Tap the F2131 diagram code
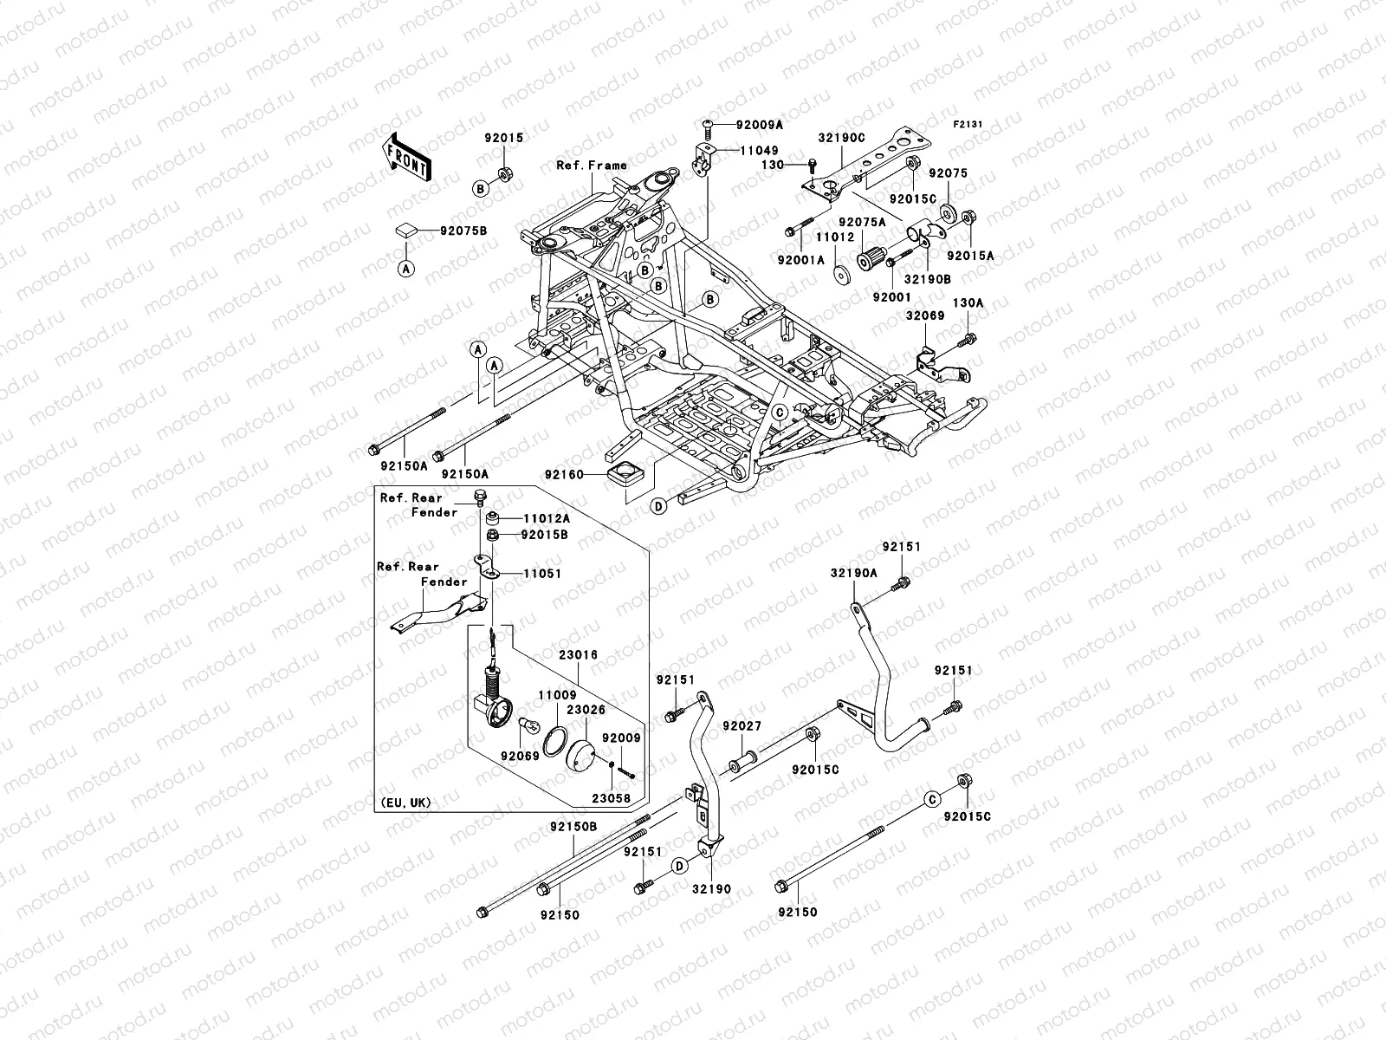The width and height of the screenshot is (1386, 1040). click(x=968, y=125)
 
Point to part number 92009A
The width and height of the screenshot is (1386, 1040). click(x=760, y=125)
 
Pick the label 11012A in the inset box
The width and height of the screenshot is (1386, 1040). click(x=546, y=518)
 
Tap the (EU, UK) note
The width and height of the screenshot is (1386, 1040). click(x=405, y=802)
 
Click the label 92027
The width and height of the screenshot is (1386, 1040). click(x=741, y=725)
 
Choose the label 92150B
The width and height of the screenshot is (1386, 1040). click(x=573, y=827)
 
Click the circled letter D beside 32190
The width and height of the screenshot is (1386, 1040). click(x=680, y=865)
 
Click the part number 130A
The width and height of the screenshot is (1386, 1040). click(x=968, y=303)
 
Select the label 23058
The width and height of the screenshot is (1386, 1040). click(x=612, y=798)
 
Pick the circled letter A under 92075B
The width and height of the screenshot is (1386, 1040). click(x=406, y=269)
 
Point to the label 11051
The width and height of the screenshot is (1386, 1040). click(x=542, y=574)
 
